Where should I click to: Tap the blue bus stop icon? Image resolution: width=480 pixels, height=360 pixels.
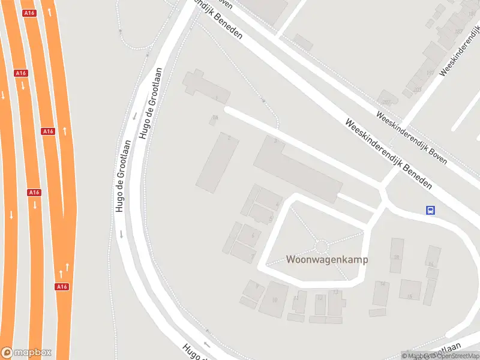pos(430,210)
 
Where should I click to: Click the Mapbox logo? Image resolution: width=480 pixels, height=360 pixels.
pos(26,352)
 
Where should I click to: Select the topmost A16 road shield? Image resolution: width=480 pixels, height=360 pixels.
pos(28,13)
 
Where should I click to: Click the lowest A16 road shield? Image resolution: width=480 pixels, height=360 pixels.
pos(62,287)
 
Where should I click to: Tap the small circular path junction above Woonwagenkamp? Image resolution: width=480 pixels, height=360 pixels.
pos(322,246)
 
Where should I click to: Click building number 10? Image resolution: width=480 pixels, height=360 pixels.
pos(274,298)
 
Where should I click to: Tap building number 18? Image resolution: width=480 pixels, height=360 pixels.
pos(396,256)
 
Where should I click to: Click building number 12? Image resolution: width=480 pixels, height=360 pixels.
pos(320,304)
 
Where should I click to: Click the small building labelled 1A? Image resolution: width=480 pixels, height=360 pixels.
pos(214,120)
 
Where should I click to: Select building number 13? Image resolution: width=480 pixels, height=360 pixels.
pos(336,301)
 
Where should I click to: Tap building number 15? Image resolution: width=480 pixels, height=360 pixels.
pos(410,289)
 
